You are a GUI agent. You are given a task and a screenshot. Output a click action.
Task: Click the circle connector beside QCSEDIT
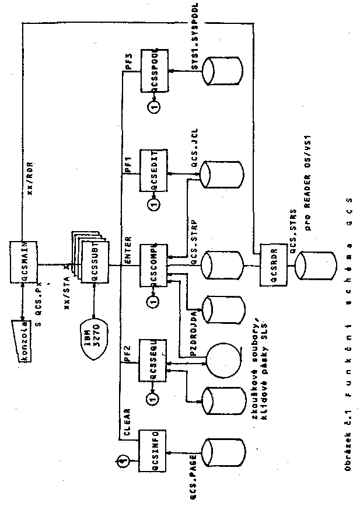[153, 204]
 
